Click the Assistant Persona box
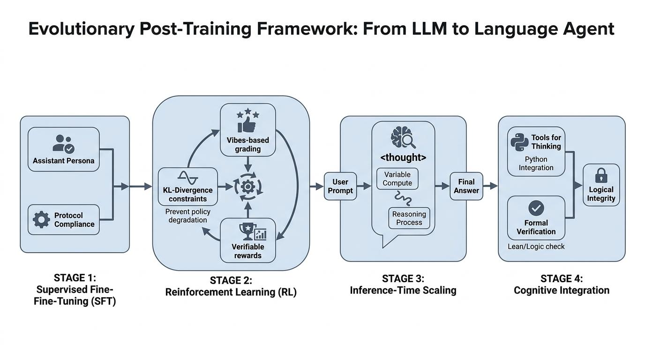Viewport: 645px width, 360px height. click(64, 150)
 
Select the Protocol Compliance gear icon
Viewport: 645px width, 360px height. click(41, 219)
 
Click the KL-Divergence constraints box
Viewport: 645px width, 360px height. click(188, 187)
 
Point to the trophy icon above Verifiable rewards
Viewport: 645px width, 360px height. click(247, 231)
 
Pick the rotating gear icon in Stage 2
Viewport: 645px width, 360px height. click(247, 187)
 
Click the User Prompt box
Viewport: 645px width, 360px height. click(340, 187)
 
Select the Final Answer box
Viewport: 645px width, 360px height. click(466, 187)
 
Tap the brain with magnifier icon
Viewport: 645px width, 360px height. click(403, 137)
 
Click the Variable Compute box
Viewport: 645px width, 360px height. click(397, 179)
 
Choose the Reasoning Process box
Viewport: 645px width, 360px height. click(409, 218)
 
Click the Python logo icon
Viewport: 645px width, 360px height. click(519, 142)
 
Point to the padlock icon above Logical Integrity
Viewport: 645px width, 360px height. click(601, 176)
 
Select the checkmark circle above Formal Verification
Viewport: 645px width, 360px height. click(536, 208)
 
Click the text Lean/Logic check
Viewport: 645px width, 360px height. click(536, 247)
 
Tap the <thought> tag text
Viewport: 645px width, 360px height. click(403, 157)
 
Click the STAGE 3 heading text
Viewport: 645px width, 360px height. click(403, 278)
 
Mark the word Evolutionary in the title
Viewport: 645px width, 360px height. click(82, 29)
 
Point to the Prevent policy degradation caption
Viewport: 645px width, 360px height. click(188, 216)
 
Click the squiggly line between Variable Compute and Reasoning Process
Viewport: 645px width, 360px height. click(403, 198)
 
